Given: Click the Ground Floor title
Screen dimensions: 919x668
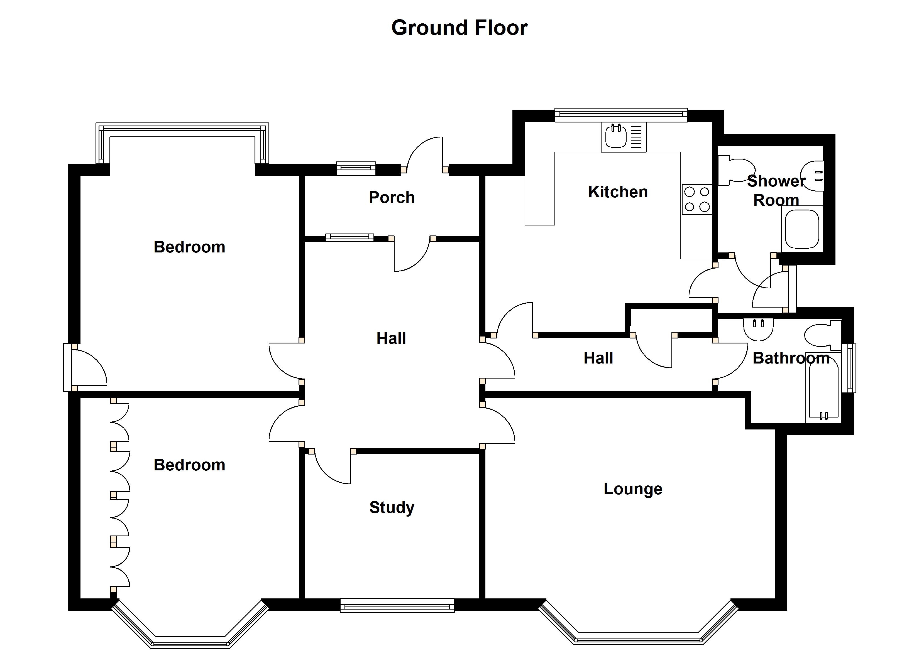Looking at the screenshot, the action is coord(459,28).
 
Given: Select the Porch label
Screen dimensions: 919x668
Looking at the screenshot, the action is coord(392,198).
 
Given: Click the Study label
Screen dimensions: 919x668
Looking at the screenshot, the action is coord(392,508).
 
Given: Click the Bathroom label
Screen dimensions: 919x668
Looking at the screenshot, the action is coord(791,358).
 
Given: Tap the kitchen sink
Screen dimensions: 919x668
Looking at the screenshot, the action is coord(623,137).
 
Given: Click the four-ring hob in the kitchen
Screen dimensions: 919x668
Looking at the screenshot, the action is coord(696,199).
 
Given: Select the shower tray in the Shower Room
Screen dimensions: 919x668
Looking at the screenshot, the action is coord(802,229).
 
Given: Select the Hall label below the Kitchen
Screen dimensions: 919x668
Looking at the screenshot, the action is coord(598,358).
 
